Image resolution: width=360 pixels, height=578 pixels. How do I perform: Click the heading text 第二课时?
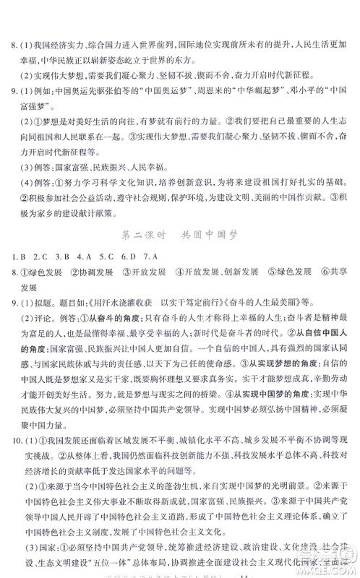145,235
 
